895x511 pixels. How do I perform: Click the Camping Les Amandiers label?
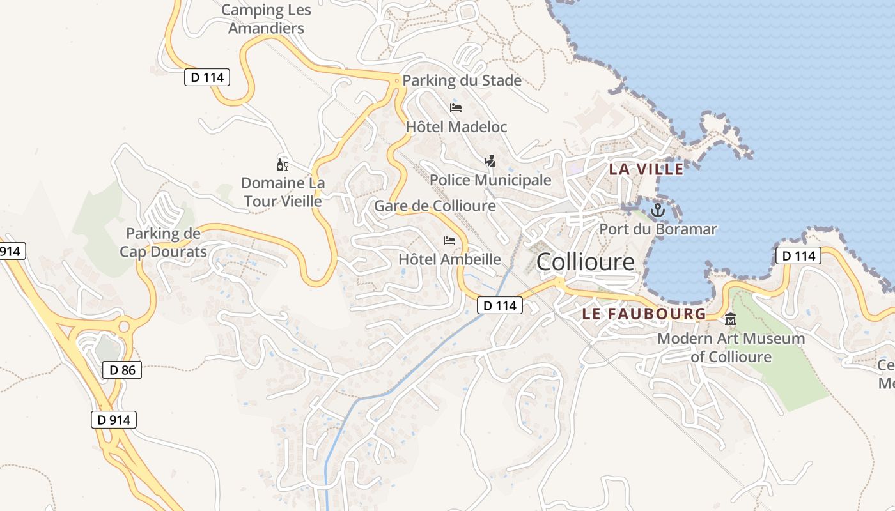pyautogui.click(x=266, y=19)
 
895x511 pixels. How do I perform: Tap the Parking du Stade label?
pyautogui.click(x=462, y=81)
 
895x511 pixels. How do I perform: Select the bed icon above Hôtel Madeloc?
pyautogui.click(x=456, y=107)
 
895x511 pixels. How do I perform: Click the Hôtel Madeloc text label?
pyautogui.click(x=456, y=127)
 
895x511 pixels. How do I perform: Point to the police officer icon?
pyautogui.click(x=490, y=160)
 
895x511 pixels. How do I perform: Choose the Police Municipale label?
pyautogui.click(x=490, y=180)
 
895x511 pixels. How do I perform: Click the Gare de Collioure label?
pyautogui.click(x=435, y=206)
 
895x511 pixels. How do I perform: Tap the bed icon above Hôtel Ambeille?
pyautogui.click(x=449, y=240)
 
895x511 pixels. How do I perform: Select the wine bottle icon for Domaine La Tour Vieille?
pyautogui.click(x=282, y=165)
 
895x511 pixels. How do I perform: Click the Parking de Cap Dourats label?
pyautogui.click(x=163, y=243)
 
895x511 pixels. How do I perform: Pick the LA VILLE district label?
pyautogui.click(x=646, y=169)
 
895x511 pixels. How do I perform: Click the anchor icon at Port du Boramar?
pyautogui.click(x=658, y=210)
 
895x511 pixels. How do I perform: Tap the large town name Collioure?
pyautogui.click(x=586, y=262)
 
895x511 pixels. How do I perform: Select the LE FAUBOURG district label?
pyautogui.click(x=644, y=314)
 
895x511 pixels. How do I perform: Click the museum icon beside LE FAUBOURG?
pyautogui.click(x=731, y=319)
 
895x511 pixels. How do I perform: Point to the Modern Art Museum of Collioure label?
pyautogui.click(x=731, y=347)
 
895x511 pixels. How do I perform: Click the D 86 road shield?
pyautogui.click(x=121, y=370)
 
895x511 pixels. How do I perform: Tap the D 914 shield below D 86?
pyautogui.click(x=114, y=420)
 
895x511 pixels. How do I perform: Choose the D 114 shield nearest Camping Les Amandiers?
pyautogui.click(x=206, y=77)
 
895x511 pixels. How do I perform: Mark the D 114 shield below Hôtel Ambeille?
pyautogui.click(x=500, y=306)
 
